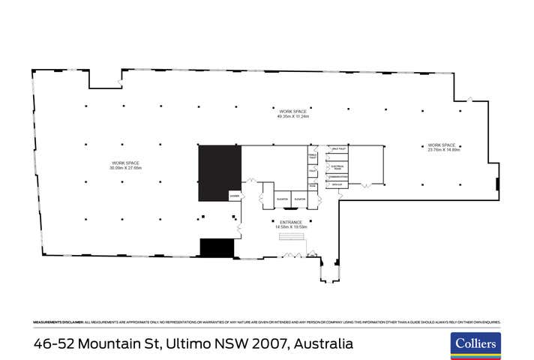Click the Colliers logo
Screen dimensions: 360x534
click(475, 344)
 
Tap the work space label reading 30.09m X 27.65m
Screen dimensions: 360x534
click(126, 166)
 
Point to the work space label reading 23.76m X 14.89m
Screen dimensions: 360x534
click(442, 147)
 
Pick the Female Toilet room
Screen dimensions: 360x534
click(313, 156)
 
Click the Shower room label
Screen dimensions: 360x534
click(234, 196)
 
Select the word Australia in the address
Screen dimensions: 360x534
click(322, 344)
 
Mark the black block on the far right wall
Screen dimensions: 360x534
click(497, 184)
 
